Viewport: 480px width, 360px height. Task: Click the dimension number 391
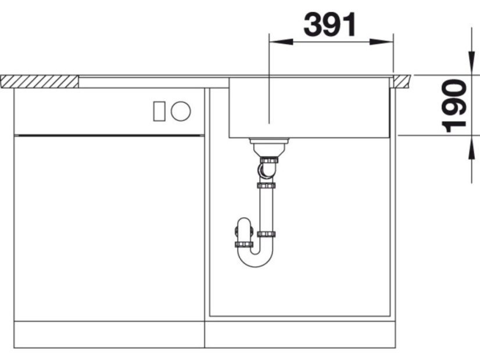coord(330,24)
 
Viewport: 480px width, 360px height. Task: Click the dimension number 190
coord(454,106)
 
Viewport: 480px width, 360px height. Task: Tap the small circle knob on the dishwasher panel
coord(181,111)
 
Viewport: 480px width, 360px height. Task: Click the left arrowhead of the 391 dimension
coord(281,42)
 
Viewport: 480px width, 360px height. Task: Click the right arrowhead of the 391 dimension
coord(381,42)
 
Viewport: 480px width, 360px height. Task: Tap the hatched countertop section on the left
coord(40,82)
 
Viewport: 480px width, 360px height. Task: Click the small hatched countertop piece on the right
coord(402,81)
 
